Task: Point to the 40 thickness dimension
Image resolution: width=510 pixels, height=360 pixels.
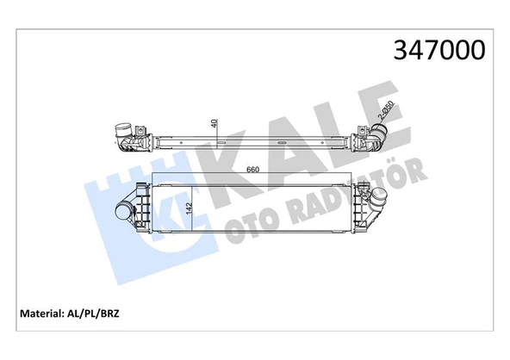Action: tap(213, 124)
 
